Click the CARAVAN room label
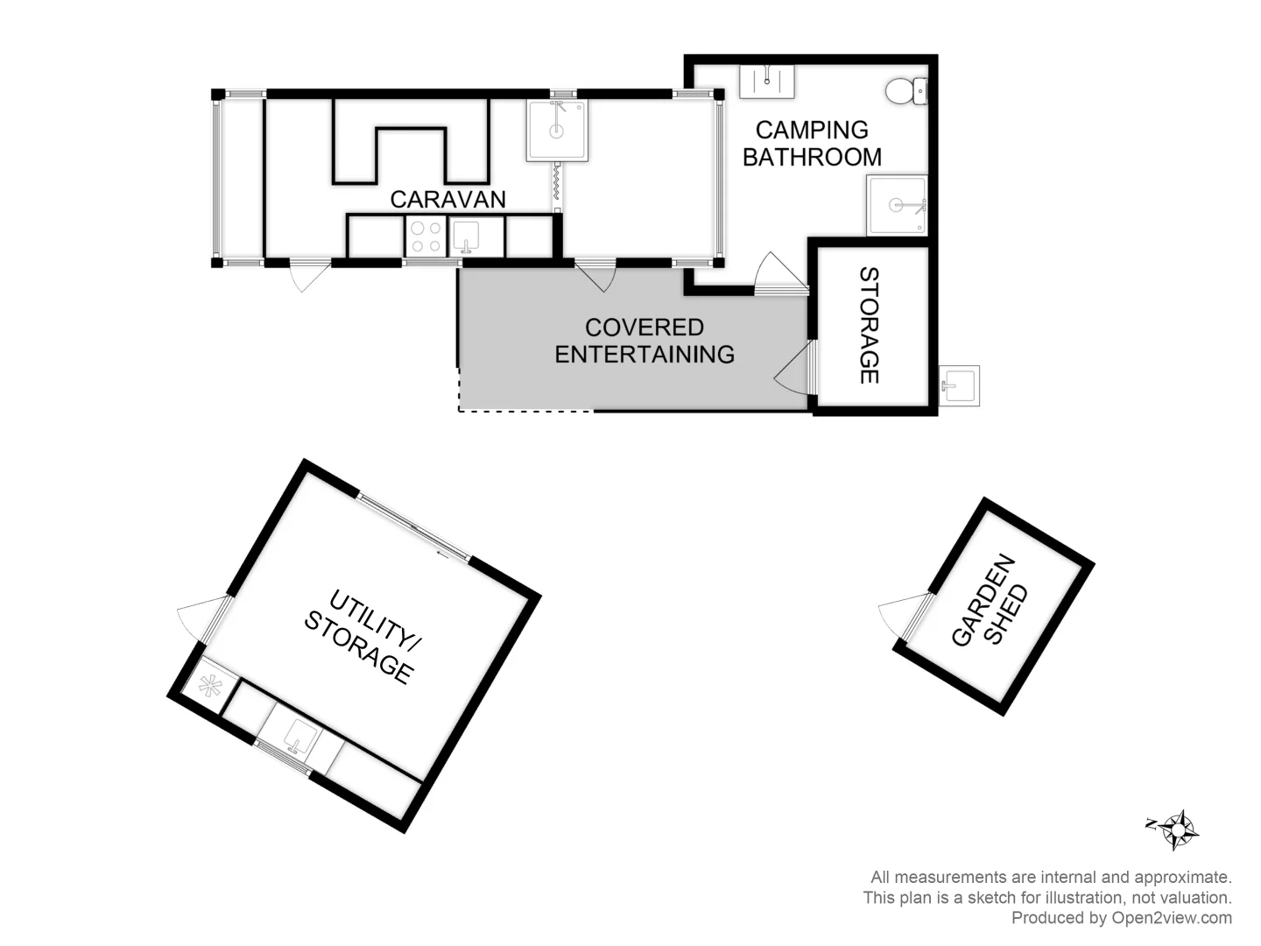tap(447, 200)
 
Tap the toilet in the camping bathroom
tap(905, 91)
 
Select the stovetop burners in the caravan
tap(426, 236)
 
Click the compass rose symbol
tap(1180, 829)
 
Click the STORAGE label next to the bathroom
tap(869, 326)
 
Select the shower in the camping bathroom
tap(897, 206)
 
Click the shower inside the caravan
tap(556, 131)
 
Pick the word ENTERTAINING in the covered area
tap(645, 355)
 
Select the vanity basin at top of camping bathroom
tap(767, 81)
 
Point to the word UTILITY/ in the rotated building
tap(374, 623)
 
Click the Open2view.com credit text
tap(1121, 918)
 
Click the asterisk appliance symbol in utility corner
tap(210, 687)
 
